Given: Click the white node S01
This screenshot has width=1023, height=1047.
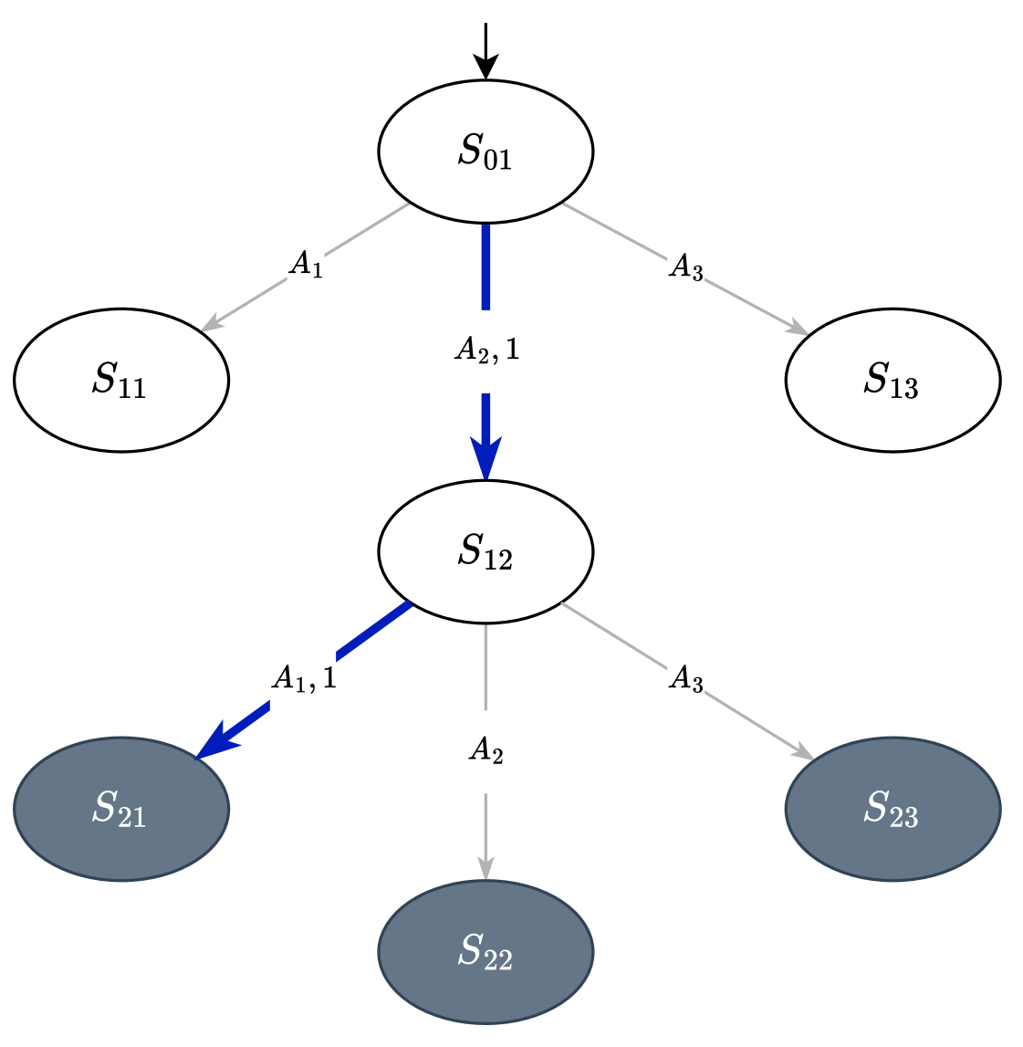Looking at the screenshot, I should coord(485,152).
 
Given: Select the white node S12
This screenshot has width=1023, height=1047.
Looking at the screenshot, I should coord(485,552).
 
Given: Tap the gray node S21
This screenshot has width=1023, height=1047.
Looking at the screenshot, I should coord(121,809).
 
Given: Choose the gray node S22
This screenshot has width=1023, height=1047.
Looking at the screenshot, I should coord(485,951).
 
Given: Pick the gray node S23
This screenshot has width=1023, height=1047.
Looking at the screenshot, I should coord(893,809).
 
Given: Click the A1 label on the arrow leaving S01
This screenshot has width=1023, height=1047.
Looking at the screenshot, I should coord(306,265).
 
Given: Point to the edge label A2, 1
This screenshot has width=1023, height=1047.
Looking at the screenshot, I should coord(485,351).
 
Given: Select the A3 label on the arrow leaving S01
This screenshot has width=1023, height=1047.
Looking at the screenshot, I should coord(686,267).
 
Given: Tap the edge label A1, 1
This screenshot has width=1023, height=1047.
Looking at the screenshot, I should coord(303,679).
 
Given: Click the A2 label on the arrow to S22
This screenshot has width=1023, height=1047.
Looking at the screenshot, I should coord(485,751).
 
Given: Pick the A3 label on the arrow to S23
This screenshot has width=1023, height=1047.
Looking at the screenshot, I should coord(686,679).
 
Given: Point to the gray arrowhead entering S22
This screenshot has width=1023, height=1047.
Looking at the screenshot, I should coord(485,868).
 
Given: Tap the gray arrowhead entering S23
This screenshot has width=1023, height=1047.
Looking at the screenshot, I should coord(802,751).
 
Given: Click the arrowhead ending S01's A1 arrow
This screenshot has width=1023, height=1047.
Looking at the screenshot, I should coord(212,323).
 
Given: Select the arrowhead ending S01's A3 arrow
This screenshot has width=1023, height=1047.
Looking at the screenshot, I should coord(799,329).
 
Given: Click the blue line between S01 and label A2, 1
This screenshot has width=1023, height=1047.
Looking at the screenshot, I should coord(485,267).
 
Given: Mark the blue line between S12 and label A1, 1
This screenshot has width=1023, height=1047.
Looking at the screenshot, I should coord(374,631).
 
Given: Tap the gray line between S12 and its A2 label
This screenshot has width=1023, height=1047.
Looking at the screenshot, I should coord(485,666).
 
